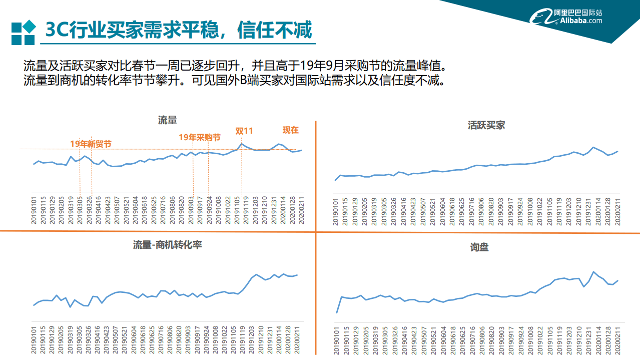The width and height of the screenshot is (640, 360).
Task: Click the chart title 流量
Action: pos(168,120)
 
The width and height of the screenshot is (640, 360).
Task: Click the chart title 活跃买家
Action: pos(486,125)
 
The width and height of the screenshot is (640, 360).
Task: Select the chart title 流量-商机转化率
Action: pos(168,244)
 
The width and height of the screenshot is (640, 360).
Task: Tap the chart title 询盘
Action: pos(479,247)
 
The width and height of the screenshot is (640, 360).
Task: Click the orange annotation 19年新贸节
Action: pos(91,144)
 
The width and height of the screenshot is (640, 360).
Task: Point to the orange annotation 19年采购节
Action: pos(200,137)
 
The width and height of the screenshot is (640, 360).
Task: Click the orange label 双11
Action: pos(244,131)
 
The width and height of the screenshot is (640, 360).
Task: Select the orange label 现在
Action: pos(290,130)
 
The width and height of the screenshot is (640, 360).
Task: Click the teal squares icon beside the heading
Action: pos(24,33)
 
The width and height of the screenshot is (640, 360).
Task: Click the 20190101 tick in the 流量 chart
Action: pos(34,210)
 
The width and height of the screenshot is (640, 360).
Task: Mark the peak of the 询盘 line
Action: pos(593,272)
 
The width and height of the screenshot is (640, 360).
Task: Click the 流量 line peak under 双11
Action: pos(242,144)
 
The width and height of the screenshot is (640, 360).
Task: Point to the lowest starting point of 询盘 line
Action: pos(336,313)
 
